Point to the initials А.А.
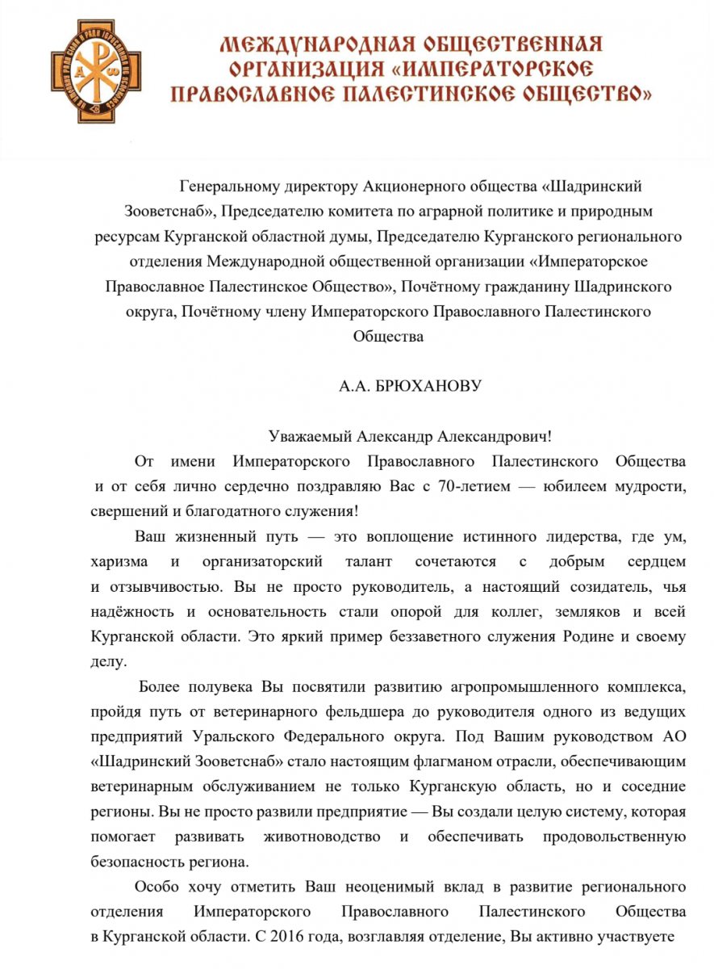[x=356, y=386]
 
